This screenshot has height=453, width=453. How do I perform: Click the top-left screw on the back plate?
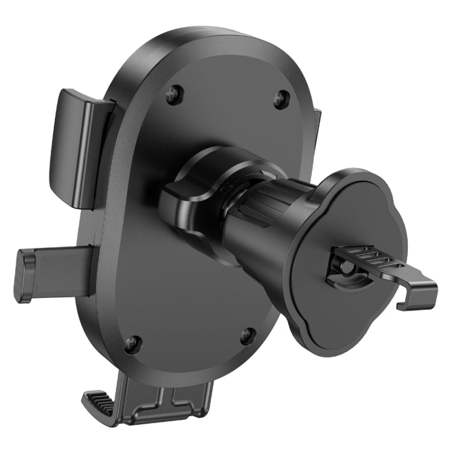(x=175, y=94)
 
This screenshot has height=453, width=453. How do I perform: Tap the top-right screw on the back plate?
(x=280, y=100)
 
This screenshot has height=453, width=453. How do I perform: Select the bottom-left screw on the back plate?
(x=132, y=344)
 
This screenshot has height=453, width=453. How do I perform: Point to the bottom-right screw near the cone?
(x=247, y=335)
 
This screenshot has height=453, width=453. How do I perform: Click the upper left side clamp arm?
(x=76, y=146)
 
